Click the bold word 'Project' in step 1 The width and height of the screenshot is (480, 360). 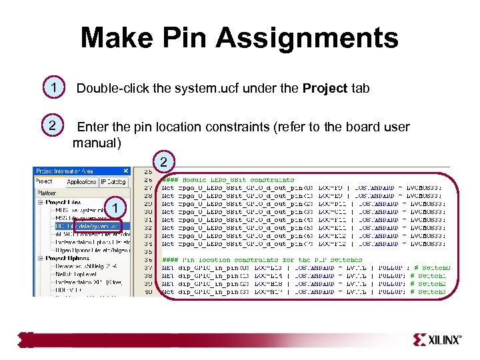[325, 89]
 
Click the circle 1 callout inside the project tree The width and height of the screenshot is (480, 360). [116, 210]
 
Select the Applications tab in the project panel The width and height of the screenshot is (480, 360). [81, 181]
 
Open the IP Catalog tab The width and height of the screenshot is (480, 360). [113, 181]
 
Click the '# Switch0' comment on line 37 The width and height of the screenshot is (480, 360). [429, 268]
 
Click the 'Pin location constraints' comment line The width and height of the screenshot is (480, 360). [267, 260]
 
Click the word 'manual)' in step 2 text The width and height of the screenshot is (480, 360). [97, 143]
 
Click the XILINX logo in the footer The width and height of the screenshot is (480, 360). [437, 340]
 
